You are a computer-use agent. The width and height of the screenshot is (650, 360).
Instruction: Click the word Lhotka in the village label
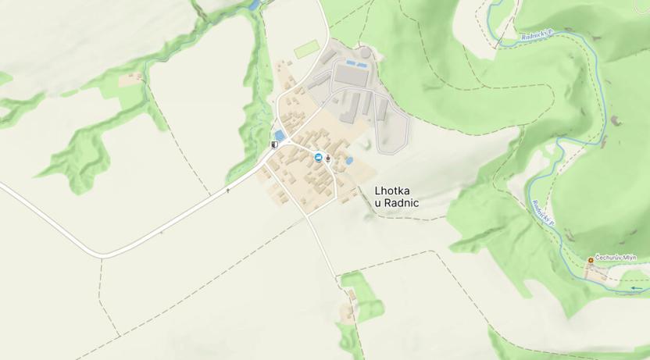(396, 190)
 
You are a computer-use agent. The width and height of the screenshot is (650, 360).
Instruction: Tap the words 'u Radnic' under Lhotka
(397, 203)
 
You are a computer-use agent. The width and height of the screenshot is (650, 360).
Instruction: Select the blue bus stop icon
(318, 158)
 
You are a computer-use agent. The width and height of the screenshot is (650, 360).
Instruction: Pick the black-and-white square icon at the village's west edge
(274, 144)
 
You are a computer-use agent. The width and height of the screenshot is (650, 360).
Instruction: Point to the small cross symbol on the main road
(228, 190)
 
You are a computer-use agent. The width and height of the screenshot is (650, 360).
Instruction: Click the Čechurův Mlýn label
(616, 258)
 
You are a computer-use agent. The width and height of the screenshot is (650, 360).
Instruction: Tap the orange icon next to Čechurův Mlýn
(591, 259)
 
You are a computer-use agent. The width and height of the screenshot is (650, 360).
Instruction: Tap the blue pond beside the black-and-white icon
(280, 135)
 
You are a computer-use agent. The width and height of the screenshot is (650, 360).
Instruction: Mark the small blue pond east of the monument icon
(348, 161)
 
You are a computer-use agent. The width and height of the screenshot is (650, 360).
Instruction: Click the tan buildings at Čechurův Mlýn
(598, 273)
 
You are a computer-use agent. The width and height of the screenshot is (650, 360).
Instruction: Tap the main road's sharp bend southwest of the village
(100, 255)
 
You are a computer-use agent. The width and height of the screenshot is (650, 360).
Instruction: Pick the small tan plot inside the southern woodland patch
(347, 313)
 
